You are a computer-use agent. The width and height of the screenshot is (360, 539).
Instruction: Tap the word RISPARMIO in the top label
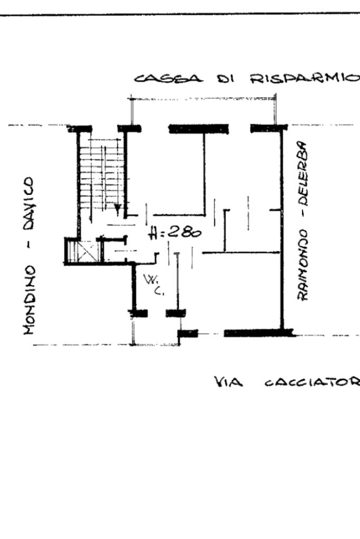[x=305, y=79]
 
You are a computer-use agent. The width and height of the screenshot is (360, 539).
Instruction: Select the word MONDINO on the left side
[x=30, y=299]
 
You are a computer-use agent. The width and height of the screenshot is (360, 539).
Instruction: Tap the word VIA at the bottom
[x=228, y=381]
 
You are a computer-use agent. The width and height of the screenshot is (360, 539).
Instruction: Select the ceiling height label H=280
[x=174, y=232]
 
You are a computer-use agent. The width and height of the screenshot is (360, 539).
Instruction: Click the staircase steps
[x=100, y=169]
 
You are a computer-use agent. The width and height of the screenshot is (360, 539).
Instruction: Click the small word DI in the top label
[x=226, y=79]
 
